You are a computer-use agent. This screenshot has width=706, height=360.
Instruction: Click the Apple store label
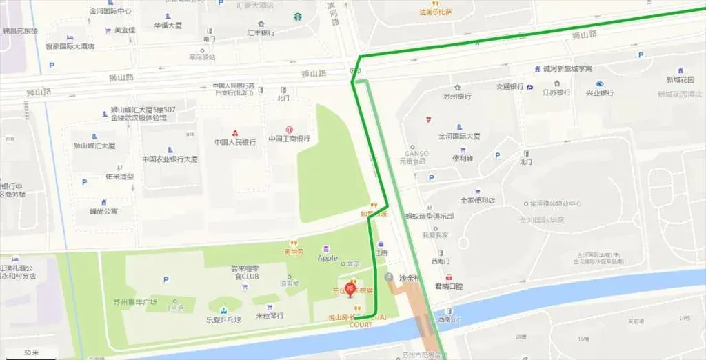(x=327, y=258)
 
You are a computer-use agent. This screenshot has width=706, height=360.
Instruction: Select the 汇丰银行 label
(x=261, y=32)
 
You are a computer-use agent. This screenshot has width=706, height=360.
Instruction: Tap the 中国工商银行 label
(x=289, y=139)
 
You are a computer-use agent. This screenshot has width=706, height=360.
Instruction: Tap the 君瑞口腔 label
(x=449, y=286)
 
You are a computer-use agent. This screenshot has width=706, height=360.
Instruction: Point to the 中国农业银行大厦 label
(x=170, y=159)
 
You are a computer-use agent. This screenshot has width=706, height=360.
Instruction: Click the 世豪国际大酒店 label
(x=70, y=46)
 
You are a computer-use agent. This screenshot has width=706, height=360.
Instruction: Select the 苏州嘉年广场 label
(x=135, y=301)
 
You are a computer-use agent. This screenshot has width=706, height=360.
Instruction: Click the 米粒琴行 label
(x=270, y=315)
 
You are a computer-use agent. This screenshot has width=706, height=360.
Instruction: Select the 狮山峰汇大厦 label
(x=94, y=146)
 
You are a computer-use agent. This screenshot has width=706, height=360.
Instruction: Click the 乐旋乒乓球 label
(x=222, y=320)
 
